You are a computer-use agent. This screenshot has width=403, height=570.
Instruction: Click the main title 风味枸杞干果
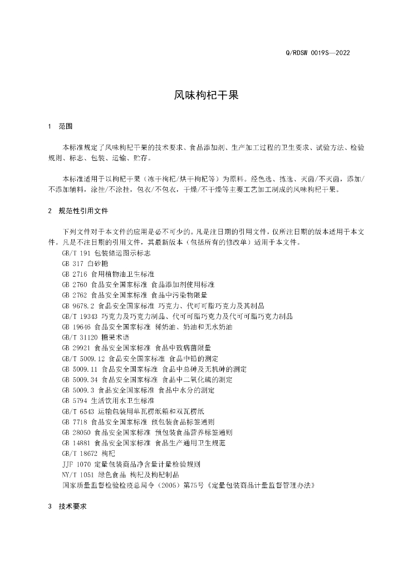pos(201,95)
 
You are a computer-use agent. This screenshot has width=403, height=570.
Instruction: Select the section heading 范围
pos(66,126)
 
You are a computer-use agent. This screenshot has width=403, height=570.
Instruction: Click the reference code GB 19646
pos(77,327)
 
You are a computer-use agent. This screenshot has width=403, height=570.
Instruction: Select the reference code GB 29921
pos(77,348)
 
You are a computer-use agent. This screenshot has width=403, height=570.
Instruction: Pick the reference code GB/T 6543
pos(78,412)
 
